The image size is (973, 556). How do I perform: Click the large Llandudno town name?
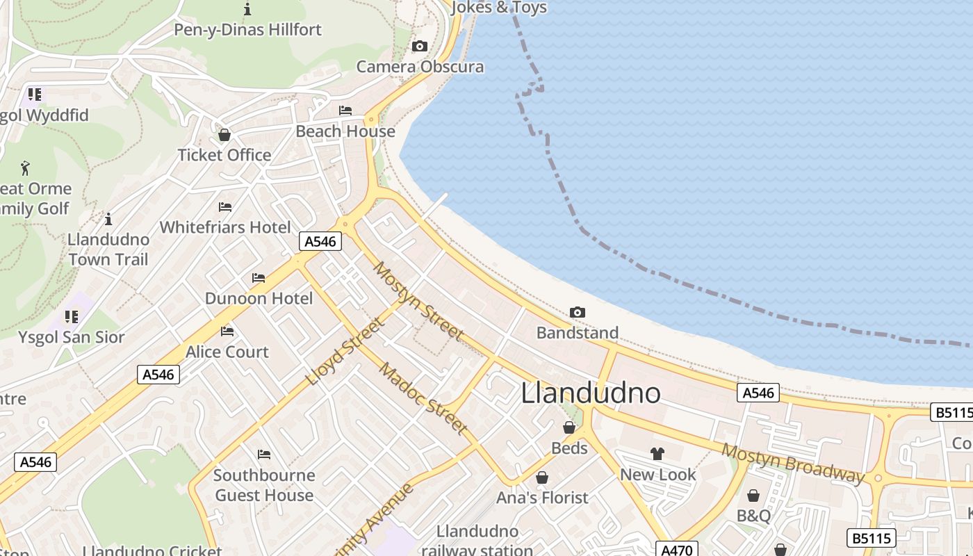tap(591, 393)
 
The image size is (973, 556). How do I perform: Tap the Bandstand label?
tap(577, 333)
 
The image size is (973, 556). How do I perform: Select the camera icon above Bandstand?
tap(577, 313)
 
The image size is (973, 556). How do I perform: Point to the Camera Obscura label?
tap(420, 67)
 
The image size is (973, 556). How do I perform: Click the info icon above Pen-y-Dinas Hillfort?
tap(247, 9)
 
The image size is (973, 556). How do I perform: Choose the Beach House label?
tap(345, 131)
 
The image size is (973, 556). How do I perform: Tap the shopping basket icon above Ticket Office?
tap(224, 135)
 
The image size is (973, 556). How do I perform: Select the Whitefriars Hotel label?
tap(225, 227)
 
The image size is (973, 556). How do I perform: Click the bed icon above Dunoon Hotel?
tap(259, 278)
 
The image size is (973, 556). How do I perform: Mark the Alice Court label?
tap(227, 352)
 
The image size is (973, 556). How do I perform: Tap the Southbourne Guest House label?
tap(264, 485)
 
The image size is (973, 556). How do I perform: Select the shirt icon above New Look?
tap(657, 454)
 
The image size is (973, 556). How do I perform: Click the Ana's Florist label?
tap(542, 498)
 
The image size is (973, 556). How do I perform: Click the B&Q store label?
tap(753, 516)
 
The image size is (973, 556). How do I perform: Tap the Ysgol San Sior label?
tap(72, 338)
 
